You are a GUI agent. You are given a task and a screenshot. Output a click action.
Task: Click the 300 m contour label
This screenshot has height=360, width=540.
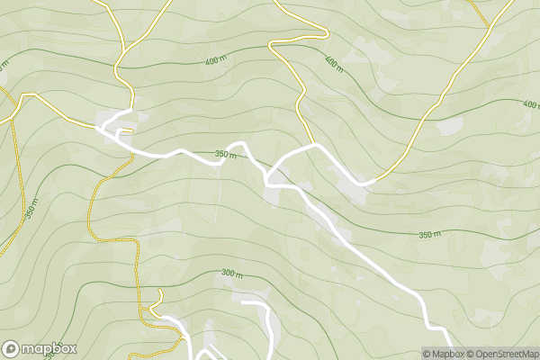pos(232,273)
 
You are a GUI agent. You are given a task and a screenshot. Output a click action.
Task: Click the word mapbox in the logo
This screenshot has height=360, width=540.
pos(49,348)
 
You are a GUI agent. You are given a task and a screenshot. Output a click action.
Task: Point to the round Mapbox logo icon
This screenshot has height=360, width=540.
pos(12,348)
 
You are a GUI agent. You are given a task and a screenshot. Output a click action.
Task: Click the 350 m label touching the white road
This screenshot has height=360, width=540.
pos(226,155)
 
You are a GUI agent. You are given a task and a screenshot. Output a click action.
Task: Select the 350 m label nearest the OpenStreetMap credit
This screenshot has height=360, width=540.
pos(430,235)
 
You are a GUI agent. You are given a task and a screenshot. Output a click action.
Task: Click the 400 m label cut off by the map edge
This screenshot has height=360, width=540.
pos(530,105)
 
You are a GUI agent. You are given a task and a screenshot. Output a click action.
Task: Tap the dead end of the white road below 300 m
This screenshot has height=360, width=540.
pos(243,302)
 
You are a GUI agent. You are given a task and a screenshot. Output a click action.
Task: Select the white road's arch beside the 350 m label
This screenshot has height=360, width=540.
pos(238,144)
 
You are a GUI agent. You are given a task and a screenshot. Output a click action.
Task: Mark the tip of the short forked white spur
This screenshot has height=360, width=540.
pos(120,129)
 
